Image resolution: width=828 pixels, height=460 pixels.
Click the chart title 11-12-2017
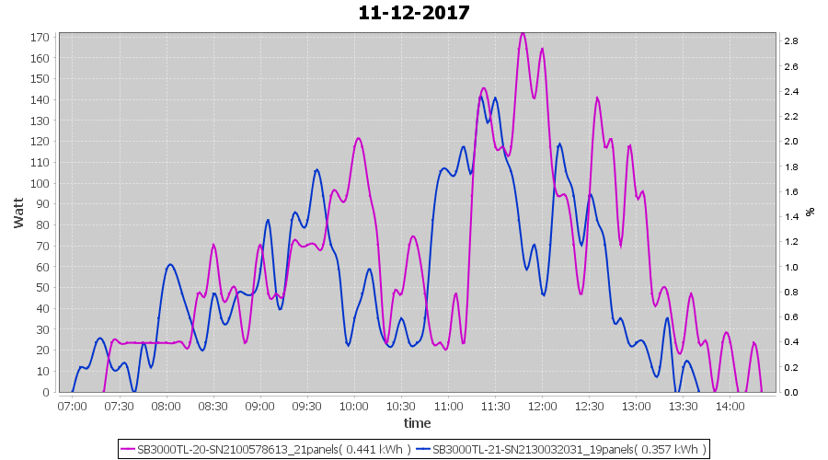click(414, 13)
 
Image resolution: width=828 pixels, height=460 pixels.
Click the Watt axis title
click(18, 212)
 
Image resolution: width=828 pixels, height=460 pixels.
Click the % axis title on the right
click(811, 212)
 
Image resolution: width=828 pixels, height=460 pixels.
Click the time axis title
click(417, 423)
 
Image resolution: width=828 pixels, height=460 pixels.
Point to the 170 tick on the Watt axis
click(40, 38)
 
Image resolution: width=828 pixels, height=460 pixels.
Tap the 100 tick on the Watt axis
click(40, 183)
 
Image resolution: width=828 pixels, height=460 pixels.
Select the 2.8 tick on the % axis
click(790, 41)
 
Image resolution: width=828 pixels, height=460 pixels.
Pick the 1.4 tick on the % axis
click(790, 217)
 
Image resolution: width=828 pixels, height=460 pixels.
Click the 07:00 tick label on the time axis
click(72, 405)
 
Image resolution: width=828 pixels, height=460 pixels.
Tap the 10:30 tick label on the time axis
click(400, 405)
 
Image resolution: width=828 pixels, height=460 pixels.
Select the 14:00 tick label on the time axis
click(730, 405)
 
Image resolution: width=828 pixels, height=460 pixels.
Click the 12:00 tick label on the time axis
click(542, 405)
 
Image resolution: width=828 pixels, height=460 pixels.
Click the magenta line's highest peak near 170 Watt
click(523, 33)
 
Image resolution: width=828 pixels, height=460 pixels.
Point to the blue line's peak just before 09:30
click(316, 169)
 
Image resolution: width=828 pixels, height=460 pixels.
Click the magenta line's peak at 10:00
click(358, 139)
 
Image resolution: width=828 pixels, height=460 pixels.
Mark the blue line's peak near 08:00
click(170, 265)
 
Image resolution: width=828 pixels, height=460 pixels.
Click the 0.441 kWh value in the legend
click(377, 450)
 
